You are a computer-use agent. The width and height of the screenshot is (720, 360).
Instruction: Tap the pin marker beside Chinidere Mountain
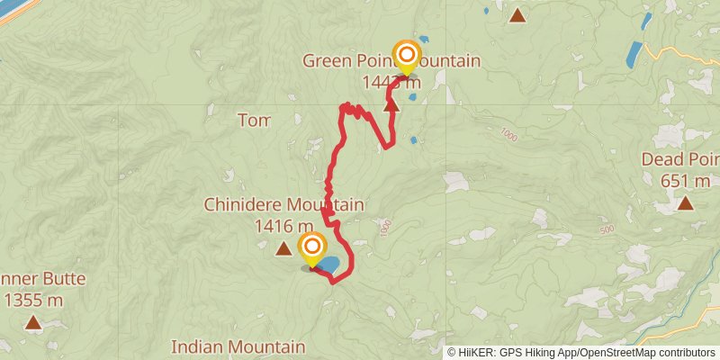[311, 248]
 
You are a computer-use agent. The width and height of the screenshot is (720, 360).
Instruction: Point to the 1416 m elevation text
[283, 226]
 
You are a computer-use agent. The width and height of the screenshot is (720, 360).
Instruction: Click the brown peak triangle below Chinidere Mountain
[283, 248]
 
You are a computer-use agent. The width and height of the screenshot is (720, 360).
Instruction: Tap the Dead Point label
[679, 159]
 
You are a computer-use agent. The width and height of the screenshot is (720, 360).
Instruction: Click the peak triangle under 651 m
[686, 202]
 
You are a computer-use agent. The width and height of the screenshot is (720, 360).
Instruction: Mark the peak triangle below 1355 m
[33, 321]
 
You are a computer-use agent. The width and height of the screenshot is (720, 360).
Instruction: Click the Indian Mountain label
[238, 346]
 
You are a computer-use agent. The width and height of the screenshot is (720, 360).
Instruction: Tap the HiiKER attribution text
[481, 352]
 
